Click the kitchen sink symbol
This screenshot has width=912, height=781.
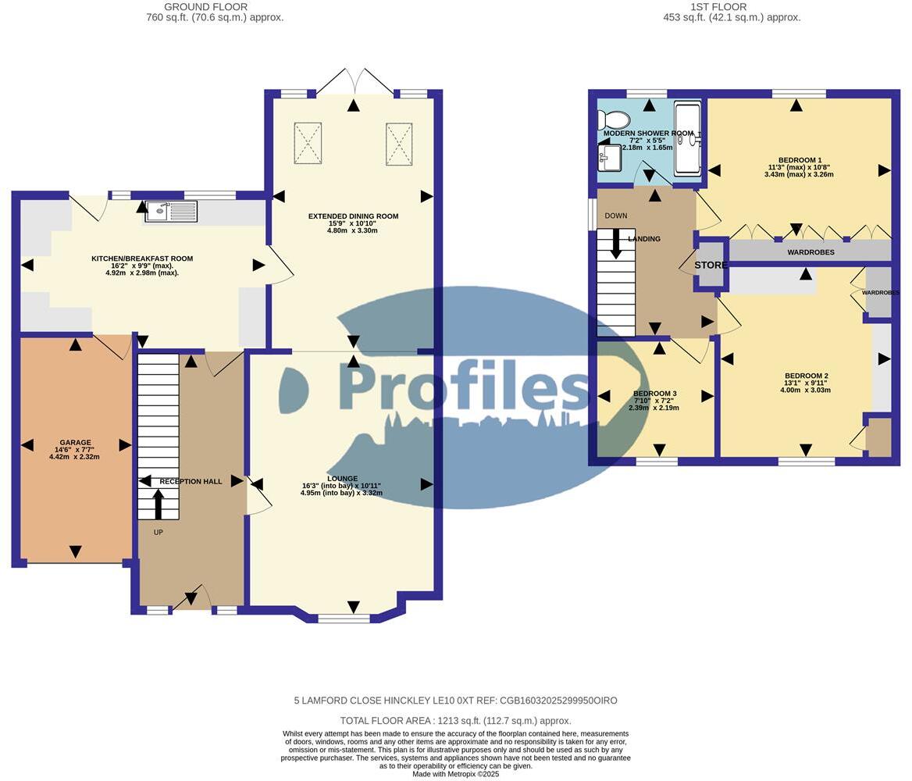[x=171, y=211]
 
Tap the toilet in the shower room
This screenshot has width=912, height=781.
[x=615, y=120]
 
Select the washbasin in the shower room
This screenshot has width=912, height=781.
[x=609, y=159]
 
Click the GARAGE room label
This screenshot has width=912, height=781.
[x=76, y=442]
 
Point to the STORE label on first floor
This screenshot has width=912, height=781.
[x=711, y=266]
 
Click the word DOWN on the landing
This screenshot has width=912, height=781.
[x=615, y=216]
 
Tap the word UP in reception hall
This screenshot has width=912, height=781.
[x=159, y=533]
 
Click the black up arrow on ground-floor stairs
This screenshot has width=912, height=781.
[x=159, y=504]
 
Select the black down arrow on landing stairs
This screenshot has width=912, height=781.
[x=616, y=243]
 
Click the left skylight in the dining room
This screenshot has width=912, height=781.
[x=308, y=143]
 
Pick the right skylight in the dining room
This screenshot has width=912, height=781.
[x=399, y=143]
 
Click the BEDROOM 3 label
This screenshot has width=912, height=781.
[x=654, y=393]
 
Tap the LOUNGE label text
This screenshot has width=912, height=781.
[x=343, y=479]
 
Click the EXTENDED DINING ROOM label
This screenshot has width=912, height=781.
[x=353, y=216]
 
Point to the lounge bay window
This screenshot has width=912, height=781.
[x=344, y=619]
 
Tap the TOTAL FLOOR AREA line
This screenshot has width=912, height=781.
[x=455, y=721]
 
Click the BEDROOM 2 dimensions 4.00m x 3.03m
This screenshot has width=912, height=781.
[x=807, y=390]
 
